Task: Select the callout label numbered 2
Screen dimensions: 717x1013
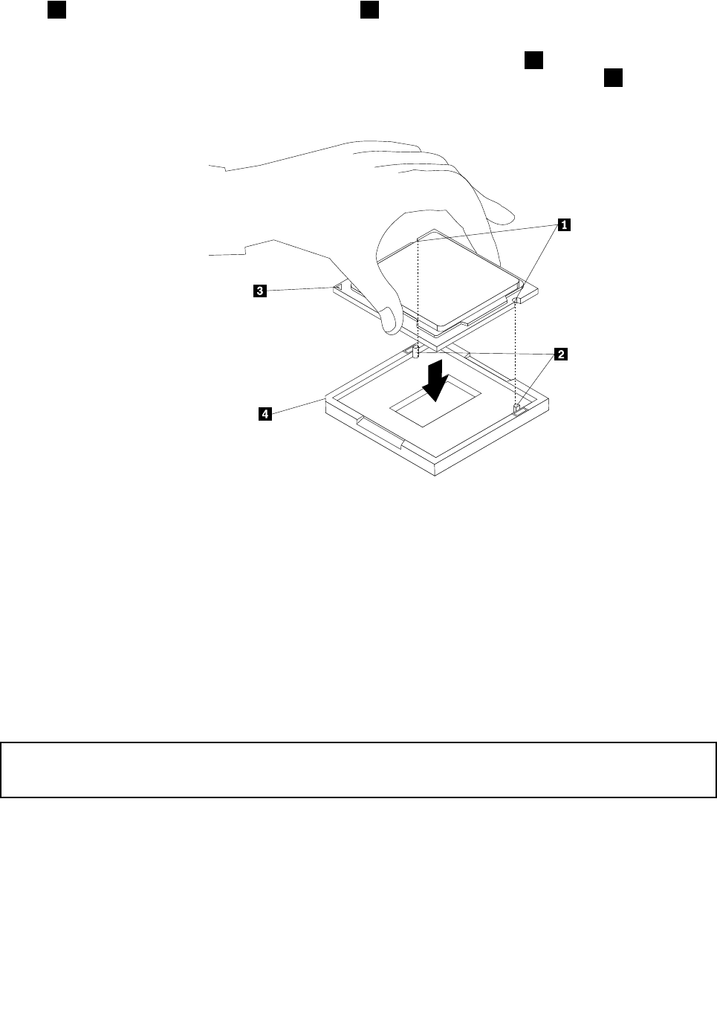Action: pyautogui.click(x=561, y=355)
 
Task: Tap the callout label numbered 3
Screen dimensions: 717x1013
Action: pyautogui.click(x=259, y=291)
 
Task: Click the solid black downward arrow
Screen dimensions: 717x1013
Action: pyautogui.click(x=433, y=381)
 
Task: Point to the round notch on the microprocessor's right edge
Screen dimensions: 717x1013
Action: pyautogui.click(x=516, y=300)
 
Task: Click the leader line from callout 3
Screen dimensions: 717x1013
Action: pyautogui.click(x=301, y=290)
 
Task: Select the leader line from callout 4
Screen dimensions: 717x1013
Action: pyautogui.click(x=297, y=407)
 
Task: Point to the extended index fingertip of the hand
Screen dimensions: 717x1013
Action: pyautogui.click(x=505, y=216)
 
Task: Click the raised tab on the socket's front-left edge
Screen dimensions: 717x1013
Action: pyautogui.click(x=379, y=431)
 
